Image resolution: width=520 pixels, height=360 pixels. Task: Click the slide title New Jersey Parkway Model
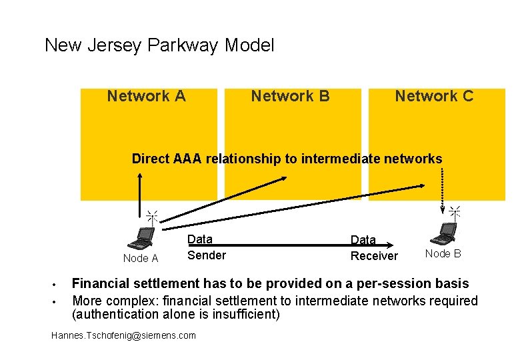[159, 46]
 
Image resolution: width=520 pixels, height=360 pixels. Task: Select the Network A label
[146, 96]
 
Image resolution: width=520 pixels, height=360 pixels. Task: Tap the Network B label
[290, 96]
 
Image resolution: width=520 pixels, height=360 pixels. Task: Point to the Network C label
[434, 96]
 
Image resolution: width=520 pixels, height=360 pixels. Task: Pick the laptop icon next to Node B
[444, 233]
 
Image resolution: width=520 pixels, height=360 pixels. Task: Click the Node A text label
[141, 259]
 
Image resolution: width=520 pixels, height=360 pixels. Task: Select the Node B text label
[443, 254]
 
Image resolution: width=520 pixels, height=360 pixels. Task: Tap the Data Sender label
[206, 247]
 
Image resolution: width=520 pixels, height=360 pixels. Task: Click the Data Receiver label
[374, 248]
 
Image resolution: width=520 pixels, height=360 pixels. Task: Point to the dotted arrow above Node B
[443, 187]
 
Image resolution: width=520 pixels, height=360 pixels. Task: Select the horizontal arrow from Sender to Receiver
[280, 245]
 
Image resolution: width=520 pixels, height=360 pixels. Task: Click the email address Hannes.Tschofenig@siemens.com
[123, 335]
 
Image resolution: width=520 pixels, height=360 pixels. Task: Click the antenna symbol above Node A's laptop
[152, 217]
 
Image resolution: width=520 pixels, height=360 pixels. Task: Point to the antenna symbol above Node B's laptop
[455, 213]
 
